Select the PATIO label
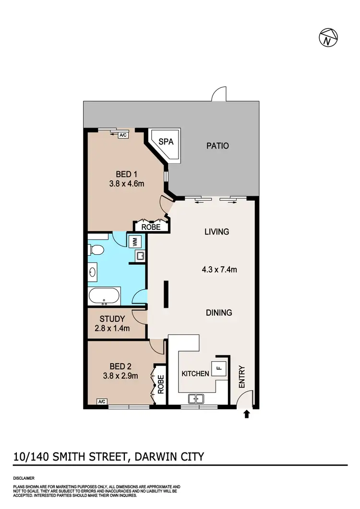217,145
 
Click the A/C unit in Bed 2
101,402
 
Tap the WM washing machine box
135,241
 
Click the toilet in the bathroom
96,250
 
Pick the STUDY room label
112,319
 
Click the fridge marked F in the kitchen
218,369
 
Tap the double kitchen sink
196,398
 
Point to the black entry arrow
247,414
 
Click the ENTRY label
241,377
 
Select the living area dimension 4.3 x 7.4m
219,270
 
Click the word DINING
219,312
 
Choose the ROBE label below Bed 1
151,227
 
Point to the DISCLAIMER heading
24,478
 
